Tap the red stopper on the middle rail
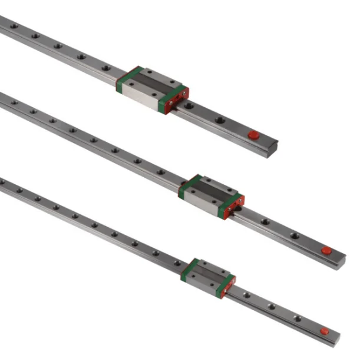325,250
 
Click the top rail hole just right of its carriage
190,107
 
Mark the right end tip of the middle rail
344,260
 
